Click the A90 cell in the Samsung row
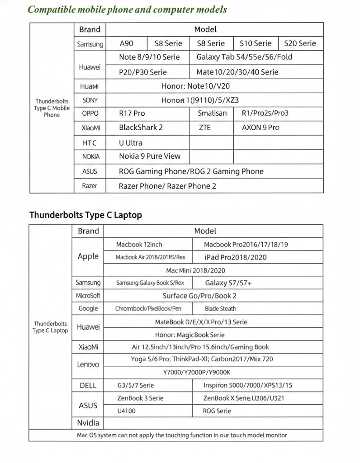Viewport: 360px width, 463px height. tap(127, 43)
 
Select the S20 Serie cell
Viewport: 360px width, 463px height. tap(300, 43)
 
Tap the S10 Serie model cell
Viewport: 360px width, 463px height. tap(256, 43)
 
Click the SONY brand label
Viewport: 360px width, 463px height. tap(90, 100)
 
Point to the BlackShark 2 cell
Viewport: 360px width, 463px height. tap(141, 128)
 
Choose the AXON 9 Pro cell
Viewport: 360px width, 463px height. tap(261, 128)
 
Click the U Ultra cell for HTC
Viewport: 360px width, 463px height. tap(131, 143)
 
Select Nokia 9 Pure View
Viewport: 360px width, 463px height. tap(150, 156)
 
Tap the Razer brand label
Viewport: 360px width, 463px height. tap(90, 186)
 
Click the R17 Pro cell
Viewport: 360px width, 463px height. tap(132, 113)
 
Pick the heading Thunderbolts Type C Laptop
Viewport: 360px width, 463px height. tap(85, 215)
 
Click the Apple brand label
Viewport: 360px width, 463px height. tap(88, 256)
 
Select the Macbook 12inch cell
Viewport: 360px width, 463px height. tap(139, 245)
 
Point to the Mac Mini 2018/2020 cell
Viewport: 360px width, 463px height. tap(195, 270)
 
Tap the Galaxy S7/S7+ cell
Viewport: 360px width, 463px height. tap(228, 283)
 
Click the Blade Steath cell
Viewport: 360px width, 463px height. tap(221, 308)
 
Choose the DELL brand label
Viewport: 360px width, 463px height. tap(88, 385)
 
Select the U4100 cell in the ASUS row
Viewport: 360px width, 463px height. tap(126, 411)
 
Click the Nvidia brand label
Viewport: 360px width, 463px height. tap(88, 423)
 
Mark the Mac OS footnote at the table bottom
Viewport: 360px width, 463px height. tap(182, 435)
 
